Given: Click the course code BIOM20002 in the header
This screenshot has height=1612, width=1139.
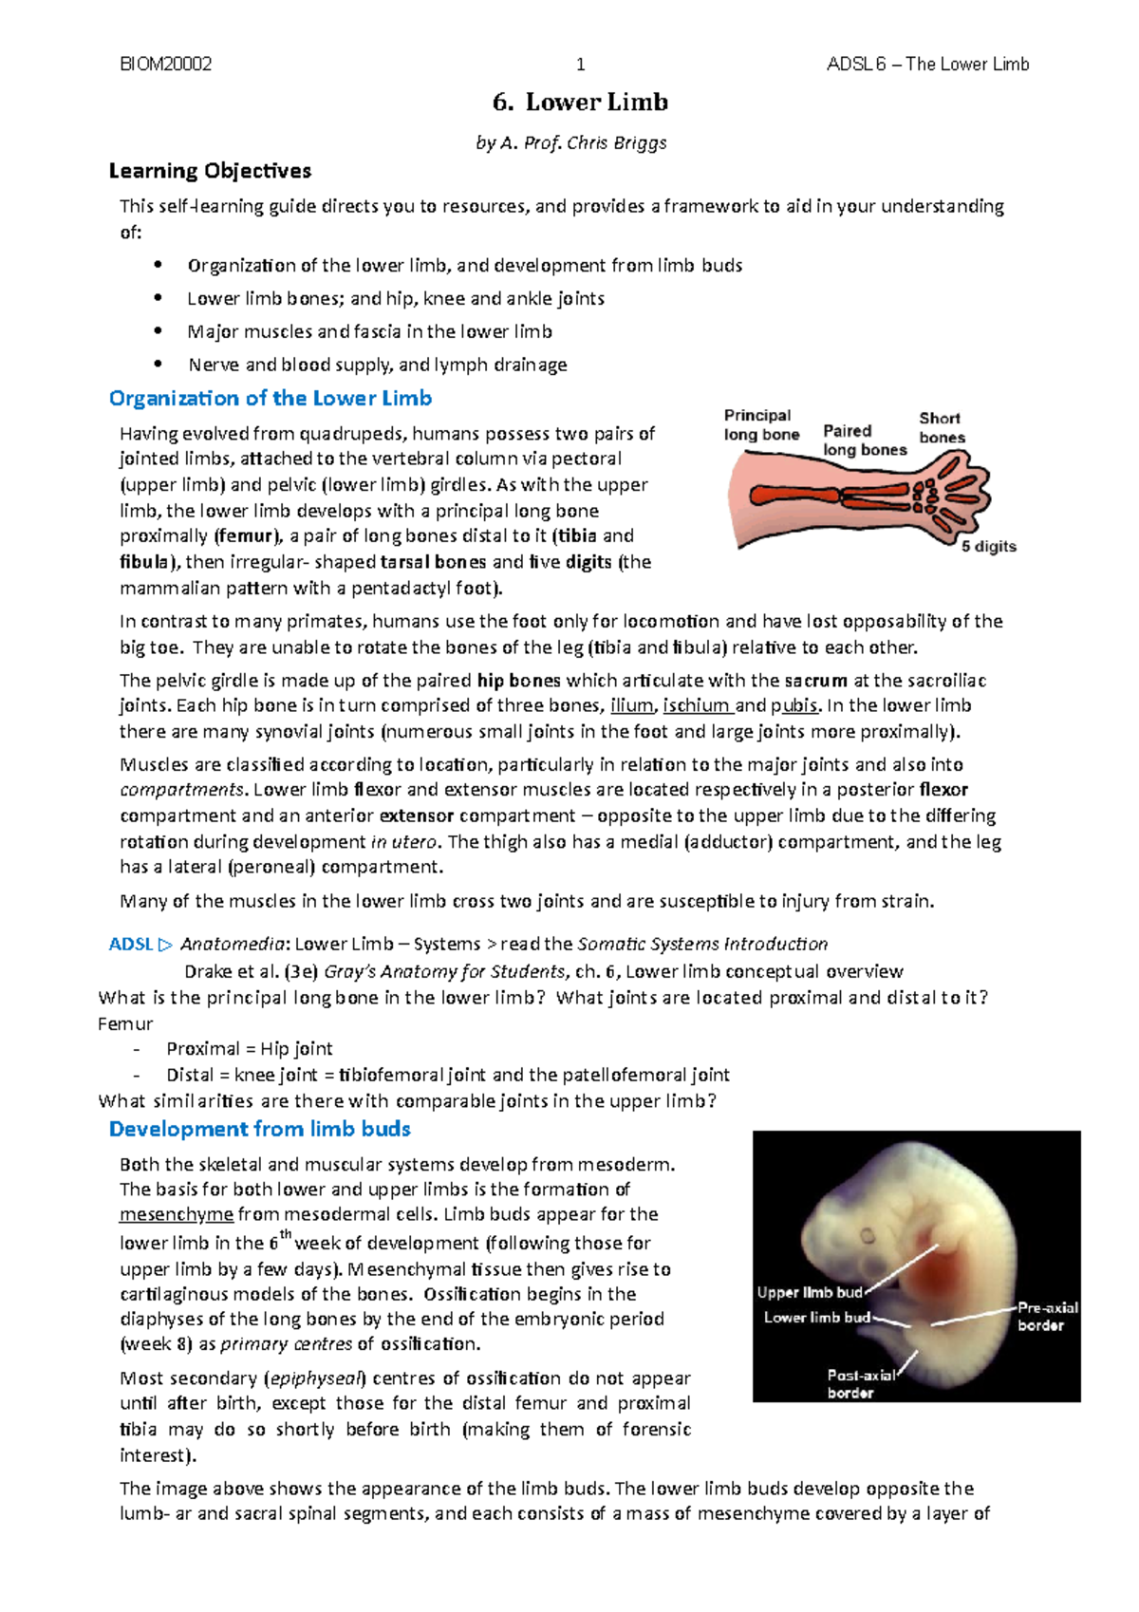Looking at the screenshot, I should tap(165, 64).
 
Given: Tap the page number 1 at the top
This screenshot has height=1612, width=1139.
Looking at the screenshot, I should tap(581, 65).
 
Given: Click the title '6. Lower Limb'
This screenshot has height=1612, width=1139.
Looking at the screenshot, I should tap(580, 102).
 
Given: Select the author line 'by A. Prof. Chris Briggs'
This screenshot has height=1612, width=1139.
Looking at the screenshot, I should tap(570, 142).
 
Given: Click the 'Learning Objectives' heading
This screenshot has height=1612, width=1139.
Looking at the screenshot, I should tap(210, 171).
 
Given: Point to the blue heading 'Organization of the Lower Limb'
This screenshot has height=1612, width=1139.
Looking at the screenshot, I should tap(271, 398).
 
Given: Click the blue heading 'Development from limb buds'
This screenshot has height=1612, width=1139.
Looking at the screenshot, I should tap(259, 1129).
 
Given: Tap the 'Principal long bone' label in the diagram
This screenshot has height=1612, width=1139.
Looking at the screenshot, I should tap(760, 424).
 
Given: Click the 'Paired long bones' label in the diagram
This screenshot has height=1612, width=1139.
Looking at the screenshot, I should tap(864, 440).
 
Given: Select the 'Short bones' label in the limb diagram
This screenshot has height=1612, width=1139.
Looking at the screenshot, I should tap(942, 427).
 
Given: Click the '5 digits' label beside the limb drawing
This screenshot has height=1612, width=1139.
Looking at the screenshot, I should tap(988, 547).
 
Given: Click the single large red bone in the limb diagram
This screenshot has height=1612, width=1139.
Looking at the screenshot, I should tap(793, 495).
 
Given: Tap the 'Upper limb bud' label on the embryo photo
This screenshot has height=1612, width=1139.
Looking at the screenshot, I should tap(810, 1292).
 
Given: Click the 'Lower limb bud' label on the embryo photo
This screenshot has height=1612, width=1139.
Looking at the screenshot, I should tap(816, 1318).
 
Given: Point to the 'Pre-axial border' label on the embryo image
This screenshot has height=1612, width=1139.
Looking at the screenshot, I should tap(1047, 1317).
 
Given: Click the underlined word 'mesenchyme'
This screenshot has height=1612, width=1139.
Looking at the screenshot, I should tap(177, 1214).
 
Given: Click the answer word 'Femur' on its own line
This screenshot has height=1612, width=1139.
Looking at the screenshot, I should tap(125, 1023).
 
